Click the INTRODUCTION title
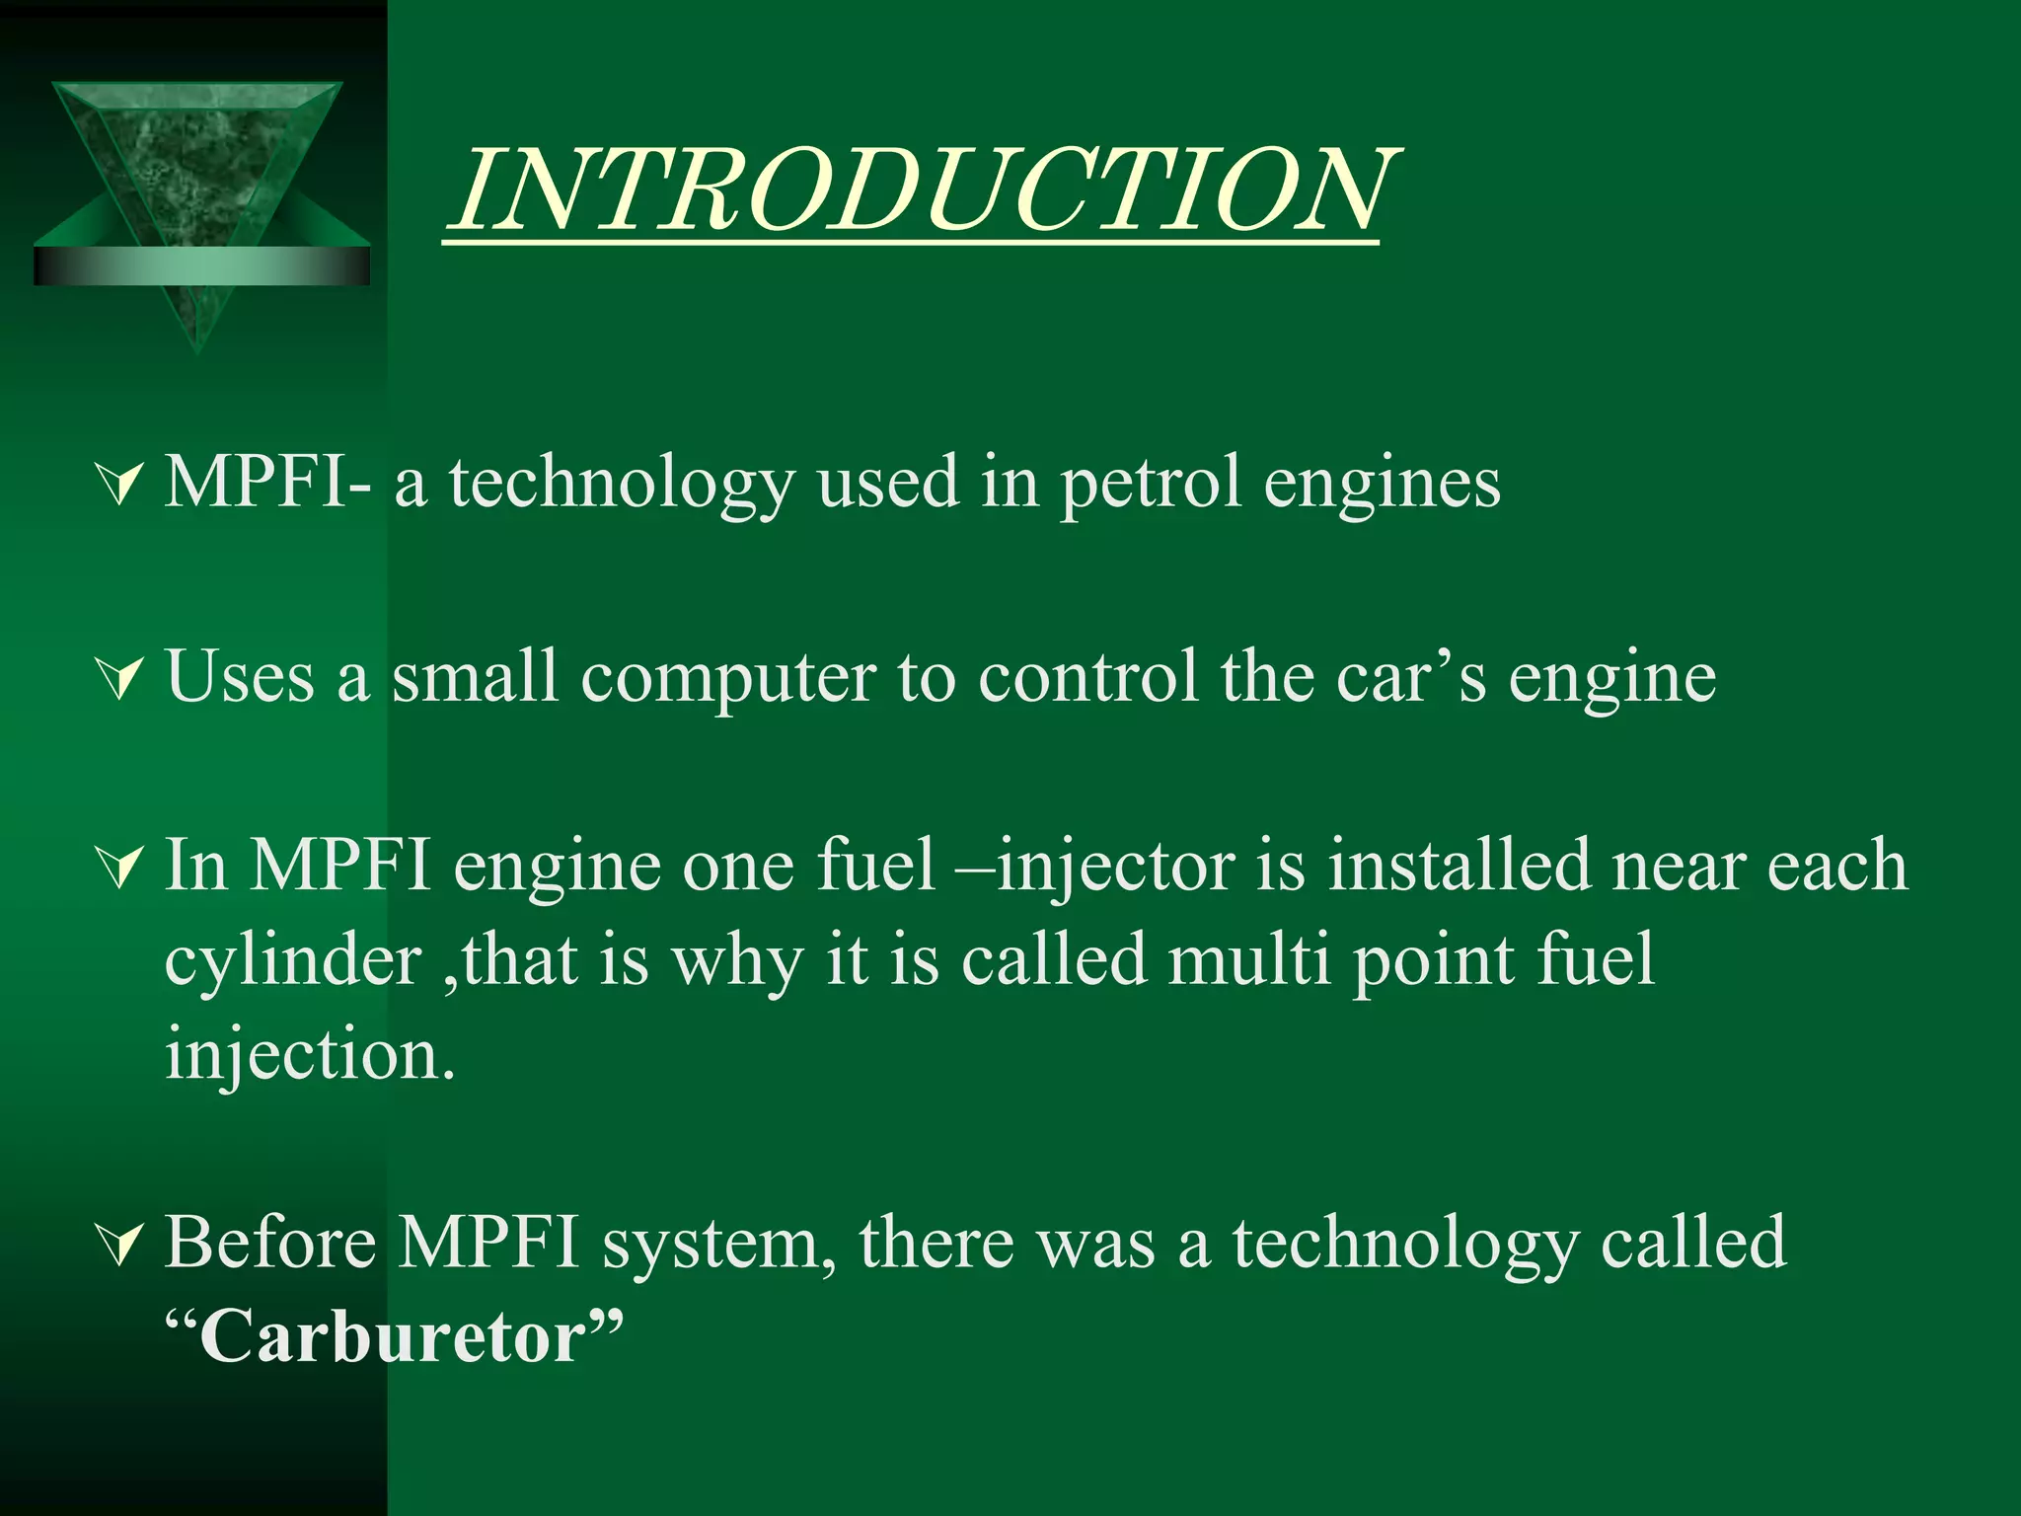point(923,190)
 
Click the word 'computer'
point(728,679)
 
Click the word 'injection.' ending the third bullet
point(310,1055)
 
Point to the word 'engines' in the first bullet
point(1382,485)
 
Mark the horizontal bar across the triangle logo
point(201,265)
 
